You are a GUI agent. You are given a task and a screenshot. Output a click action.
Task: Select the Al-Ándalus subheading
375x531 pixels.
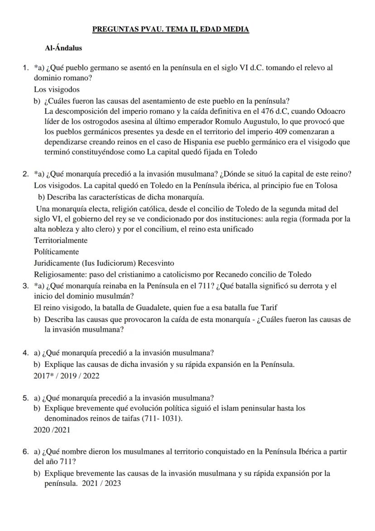tap(63, 48)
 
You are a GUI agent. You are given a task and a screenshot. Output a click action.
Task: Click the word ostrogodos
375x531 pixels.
tap(93, 122)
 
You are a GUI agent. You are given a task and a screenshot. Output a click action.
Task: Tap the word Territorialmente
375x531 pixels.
tap(61, 240)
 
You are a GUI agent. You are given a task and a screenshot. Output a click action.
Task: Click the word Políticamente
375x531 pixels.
tap(56, 252)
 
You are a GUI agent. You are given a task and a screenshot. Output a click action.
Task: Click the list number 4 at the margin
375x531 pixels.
tap(26, 353)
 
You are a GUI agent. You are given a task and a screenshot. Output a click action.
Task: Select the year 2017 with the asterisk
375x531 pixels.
tap(44, 375)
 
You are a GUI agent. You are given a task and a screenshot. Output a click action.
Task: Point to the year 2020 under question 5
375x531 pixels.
tap(42, 430)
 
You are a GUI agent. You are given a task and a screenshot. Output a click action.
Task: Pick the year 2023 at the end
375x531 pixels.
tap(113, 483)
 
